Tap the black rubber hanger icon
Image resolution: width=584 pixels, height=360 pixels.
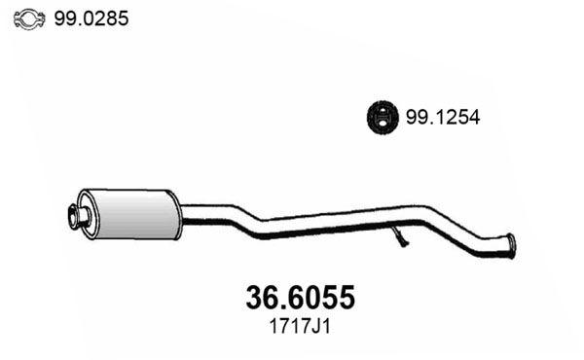pos(381,119)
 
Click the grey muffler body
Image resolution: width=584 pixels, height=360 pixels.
pos(130,214)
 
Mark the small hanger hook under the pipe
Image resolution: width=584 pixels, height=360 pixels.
pos(399,236)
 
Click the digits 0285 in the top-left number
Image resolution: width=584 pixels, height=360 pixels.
pos(108,18)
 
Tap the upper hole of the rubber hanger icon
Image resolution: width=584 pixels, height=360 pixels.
pos(381,111)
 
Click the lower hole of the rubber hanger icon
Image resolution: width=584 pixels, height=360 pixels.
pos(381,126)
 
